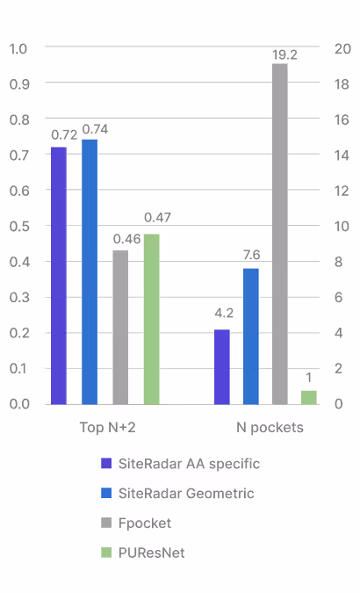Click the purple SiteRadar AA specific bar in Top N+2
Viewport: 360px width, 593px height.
tap(58, 275)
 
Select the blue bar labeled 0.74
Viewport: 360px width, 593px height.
tap(90, 271)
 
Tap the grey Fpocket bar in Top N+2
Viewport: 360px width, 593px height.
tap(120, 327)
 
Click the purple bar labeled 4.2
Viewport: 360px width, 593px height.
tap(222, 366)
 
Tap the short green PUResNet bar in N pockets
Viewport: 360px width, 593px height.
tap(308, 397)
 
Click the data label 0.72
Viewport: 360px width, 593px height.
tap(64, 135)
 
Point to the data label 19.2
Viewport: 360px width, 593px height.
tap(284, 54)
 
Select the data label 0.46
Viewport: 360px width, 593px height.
tap(126, 238)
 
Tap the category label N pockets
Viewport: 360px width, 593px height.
tap(270, 428)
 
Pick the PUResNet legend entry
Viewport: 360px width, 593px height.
tap(150, 553)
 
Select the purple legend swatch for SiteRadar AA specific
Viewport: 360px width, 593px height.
tap(106, 464)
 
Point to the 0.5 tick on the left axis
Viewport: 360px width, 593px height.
tap(18, 226)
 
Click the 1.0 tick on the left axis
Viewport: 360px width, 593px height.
tap(18, 47)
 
